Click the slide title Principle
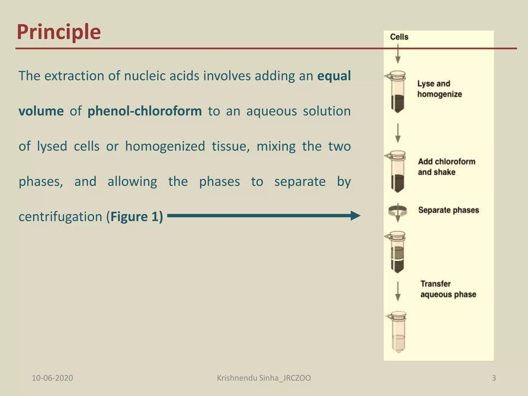click(59, 32)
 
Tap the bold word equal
click(334, 76)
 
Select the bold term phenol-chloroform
click(145, 111)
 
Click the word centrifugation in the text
click(60, 217)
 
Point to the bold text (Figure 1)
click(135, 217)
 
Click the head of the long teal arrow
click(356, 216)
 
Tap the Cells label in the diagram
click(399, 37)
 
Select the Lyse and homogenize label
click(439, 89)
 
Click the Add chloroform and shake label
click(447, 167)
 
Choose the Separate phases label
click(448, 210)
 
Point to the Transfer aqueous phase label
click(448, 289)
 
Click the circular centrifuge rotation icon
click(398, 211)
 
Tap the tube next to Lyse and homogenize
click(397, 93)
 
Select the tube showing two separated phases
click(397, 253)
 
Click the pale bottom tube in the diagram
click(398, 333)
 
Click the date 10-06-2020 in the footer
click(52, 378)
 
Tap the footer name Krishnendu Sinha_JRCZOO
click(264, 378)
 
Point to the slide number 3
click(494, 378)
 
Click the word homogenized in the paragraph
click(165, 146)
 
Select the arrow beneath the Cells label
click(398, 54)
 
